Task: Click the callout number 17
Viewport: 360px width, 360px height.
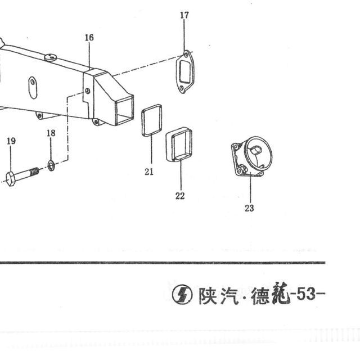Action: tap(184, 15)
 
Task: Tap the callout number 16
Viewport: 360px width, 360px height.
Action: tap(89, 38)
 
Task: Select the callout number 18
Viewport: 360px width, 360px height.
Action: tap(51, 133)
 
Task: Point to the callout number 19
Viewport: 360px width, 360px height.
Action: tap(11, 141)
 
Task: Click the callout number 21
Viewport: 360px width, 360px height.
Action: tap(149, 172)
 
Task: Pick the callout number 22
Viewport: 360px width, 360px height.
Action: tap(180, 196)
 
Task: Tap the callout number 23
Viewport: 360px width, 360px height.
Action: tap(249, 208)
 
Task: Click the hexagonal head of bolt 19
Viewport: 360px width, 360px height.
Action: tap(11, 179)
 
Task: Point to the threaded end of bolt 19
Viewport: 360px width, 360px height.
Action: tap(34, 171)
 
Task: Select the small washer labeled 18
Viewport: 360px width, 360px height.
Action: tap(51, 166)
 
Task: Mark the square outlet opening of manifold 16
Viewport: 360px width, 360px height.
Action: tap(125, 110)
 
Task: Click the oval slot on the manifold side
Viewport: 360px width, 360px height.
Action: tap(33, 88)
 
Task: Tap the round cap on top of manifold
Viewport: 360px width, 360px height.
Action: tap(51, 57)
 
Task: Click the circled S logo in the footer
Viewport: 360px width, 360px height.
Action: tap(182, 295)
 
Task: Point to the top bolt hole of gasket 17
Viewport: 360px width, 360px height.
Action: tap(186, 55)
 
